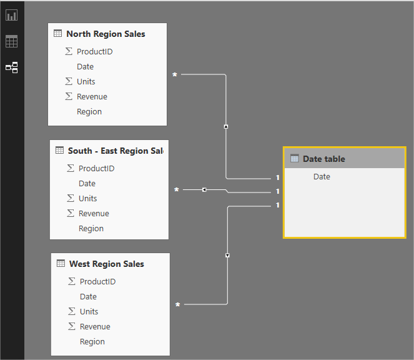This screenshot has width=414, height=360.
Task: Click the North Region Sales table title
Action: click(106, 34)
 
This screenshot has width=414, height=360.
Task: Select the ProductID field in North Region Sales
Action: click(94, 52)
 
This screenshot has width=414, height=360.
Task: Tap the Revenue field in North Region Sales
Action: click(92, 97)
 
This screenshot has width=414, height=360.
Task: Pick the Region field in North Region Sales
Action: click(89, 112)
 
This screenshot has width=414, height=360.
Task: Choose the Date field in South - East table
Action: click(87, 184)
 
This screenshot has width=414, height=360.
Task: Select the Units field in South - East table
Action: click(87, 199)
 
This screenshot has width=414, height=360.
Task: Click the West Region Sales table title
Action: click(106, 264)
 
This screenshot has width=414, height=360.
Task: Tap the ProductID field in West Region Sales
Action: click(97, 282)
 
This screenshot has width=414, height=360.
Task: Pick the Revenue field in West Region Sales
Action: click(95, 327)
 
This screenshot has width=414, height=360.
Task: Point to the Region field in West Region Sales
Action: click(92, 342)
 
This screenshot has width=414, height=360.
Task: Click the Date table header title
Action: click(323, 159)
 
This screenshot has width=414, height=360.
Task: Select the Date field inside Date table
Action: click(322, 177)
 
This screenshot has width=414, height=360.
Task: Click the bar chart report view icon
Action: click(12, 16)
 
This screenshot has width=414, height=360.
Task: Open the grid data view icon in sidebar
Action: click(12, 42)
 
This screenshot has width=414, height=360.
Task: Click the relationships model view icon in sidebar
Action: click(12, 67)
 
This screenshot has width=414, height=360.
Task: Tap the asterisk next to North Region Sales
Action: click(175, 75)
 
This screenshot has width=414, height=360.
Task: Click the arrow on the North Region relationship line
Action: click(226, 126)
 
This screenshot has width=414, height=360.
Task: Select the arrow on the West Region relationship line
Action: click(227, 255)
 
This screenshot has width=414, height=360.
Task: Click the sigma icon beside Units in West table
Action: click(72, 312)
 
